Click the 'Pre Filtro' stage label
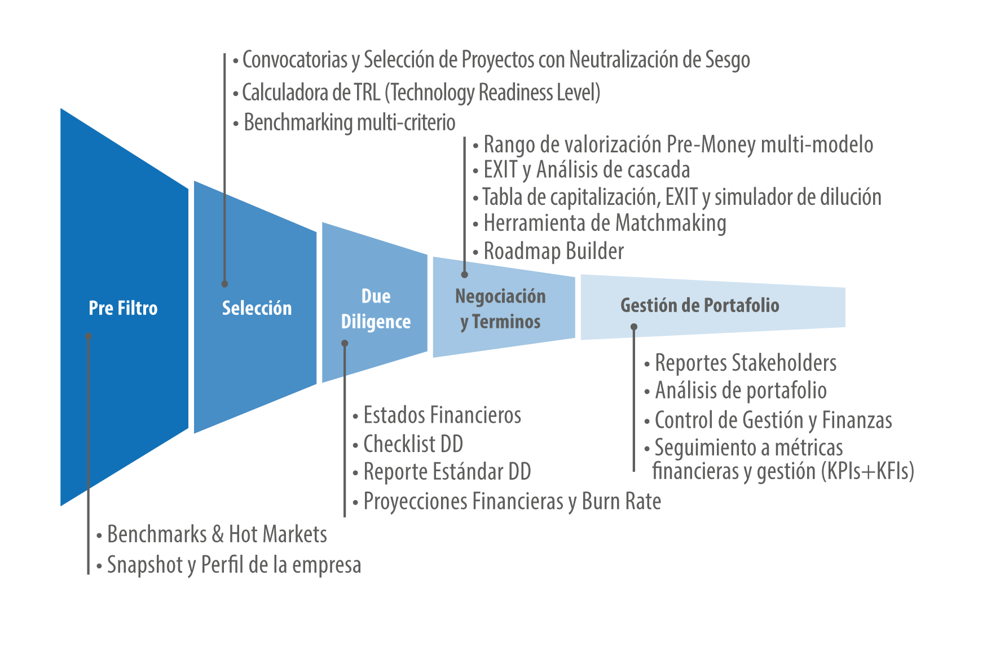point(123,308)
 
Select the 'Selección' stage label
point(257,308)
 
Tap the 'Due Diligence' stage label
point(376,309)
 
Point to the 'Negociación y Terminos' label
point(500,309)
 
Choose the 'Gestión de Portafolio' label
point(700,305)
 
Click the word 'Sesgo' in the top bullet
point(728,60)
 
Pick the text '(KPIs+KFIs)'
point(867,471)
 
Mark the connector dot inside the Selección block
point(224,284)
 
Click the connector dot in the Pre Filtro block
point(89,336)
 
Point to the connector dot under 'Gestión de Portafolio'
point(634,327)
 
